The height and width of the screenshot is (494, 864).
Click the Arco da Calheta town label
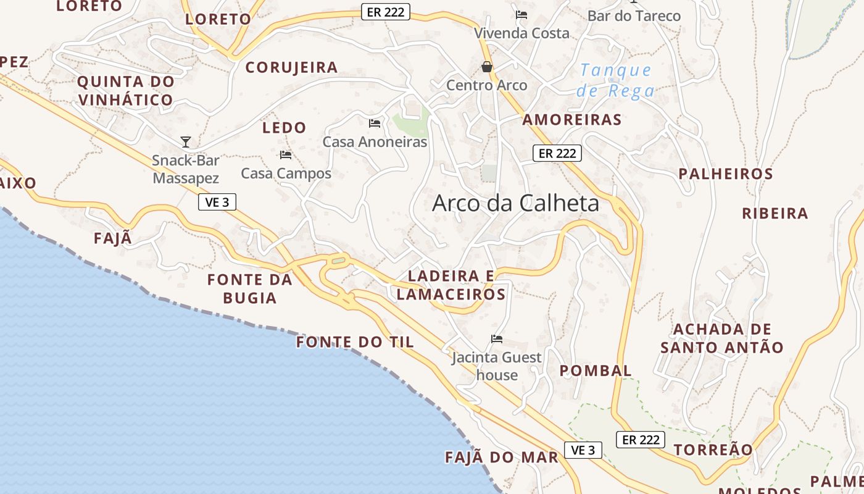515,203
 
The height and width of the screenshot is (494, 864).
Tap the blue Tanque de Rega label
615,80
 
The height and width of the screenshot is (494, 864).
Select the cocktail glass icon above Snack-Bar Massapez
186,142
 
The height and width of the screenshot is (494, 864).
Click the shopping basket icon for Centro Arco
487,67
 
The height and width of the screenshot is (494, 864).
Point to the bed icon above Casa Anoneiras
375,124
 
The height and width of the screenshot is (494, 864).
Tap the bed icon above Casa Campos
286,155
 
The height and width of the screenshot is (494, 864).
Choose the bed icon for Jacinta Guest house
497,338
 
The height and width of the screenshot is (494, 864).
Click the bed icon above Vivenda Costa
521,15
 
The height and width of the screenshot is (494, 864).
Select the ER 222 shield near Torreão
641,440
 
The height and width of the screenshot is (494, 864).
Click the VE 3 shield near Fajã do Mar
583,450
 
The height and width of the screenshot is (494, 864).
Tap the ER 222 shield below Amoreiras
557,153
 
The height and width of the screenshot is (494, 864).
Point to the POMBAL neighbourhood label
596,371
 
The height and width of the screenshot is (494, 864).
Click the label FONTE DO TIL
355,342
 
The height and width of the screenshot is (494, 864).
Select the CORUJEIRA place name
291,67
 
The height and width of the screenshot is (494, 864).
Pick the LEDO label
284,128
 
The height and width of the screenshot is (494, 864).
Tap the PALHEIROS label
726,174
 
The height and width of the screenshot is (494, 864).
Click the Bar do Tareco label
634,16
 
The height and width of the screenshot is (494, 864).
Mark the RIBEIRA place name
775,214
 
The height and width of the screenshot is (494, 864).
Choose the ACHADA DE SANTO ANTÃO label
722,338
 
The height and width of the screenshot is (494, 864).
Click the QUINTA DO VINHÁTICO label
125,90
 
